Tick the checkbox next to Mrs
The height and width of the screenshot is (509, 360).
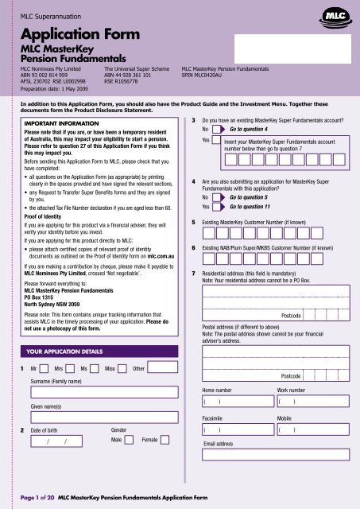point(70,369)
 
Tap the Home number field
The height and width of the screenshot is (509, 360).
point(237,402)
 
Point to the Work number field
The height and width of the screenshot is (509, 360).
point(312,402)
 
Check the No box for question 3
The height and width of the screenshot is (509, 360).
point(219,128)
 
